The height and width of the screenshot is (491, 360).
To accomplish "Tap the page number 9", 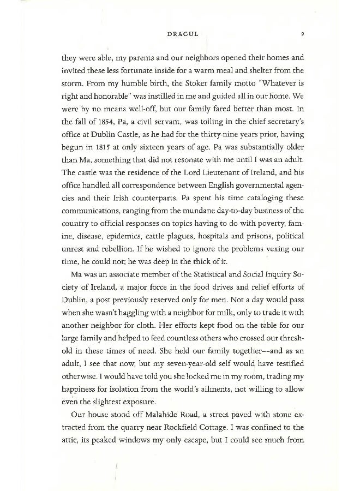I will pos(302,34).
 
